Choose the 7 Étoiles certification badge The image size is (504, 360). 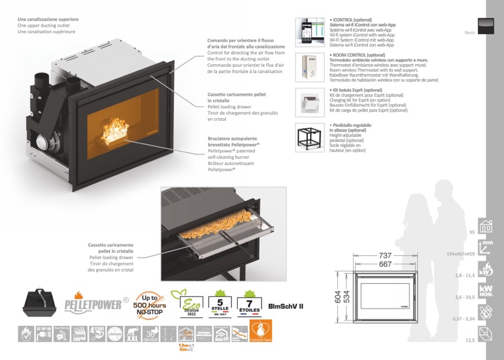pyautogui.click(x=249, y=304)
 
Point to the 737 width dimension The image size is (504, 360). pyautogui.click(x=385, y=255)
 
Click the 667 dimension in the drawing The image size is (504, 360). pyautogui.click(x=385, y=264)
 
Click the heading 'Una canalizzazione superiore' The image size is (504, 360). pyautogui.click(x=48, y=20)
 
